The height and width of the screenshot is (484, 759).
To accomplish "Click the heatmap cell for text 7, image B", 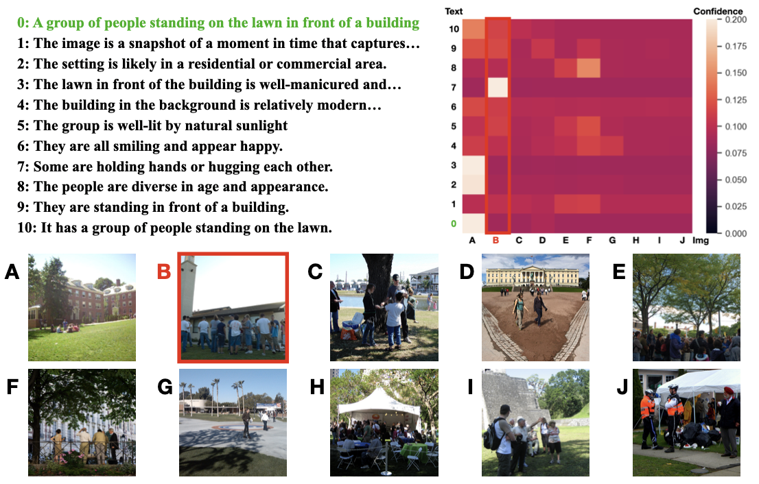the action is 498,88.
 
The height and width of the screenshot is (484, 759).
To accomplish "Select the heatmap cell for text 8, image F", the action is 589,68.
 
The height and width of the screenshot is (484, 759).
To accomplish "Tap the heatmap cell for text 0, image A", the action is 474,223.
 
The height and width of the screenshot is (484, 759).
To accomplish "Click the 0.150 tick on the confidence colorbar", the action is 735,73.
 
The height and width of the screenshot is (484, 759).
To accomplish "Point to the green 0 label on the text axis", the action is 454,224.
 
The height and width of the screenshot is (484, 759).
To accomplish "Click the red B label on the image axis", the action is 495,241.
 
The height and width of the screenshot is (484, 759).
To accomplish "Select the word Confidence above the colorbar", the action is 718,11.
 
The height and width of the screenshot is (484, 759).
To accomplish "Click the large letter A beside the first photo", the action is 12,271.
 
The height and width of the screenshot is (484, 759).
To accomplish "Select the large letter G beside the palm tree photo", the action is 165,387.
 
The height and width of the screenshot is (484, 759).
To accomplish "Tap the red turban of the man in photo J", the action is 728,389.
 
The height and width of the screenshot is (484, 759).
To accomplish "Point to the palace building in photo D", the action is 533,276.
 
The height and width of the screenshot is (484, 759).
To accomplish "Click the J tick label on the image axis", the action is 682,241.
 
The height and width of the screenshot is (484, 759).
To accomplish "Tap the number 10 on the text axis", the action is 454,29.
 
